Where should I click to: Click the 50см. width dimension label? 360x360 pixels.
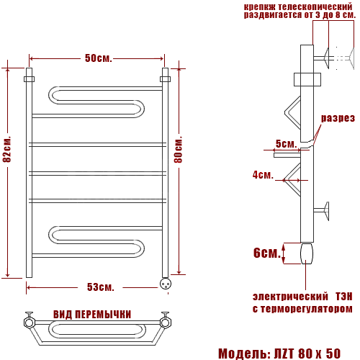click(99, 58)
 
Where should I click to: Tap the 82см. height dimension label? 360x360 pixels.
click(7, 150)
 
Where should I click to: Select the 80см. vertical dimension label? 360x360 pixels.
click(178, 150)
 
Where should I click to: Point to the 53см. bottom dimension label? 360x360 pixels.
click(100, 287)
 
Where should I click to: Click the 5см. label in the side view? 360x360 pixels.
click(286, 144)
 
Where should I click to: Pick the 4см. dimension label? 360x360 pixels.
click(263, 175)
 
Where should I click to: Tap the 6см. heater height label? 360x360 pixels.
click(267, 253)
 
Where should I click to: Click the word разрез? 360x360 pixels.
click(338, 118)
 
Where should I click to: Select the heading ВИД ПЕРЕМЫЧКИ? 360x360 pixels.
click(92, 315)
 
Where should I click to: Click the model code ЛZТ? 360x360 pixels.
click(284, 354)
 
